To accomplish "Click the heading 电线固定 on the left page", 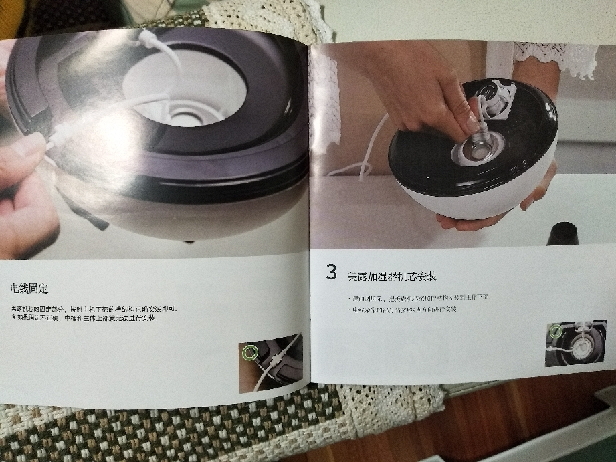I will [x=29, y=288].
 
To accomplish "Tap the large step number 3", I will [x=331, y=272].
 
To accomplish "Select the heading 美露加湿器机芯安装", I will [x=392, y=276].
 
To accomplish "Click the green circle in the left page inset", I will [x=250, y=352].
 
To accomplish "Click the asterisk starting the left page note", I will [x=13, y=318].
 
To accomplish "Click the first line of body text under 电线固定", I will [x=94, y=308].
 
